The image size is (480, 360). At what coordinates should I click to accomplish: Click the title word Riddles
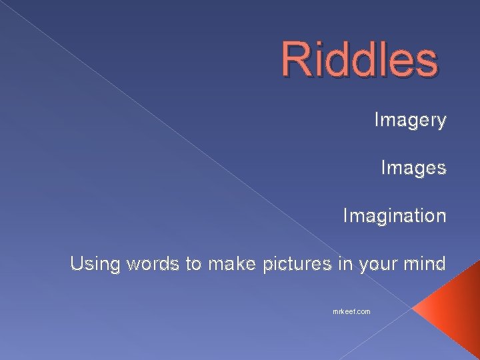[359, 59]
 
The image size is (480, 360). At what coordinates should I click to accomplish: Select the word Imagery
[410, 121]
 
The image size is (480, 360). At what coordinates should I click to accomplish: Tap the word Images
[413, 168]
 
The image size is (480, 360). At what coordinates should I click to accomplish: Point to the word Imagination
[394, 216]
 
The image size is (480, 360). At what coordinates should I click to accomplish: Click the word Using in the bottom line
[93, 265]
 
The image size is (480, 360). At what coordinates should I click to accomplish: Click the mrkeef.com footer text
[351, 311]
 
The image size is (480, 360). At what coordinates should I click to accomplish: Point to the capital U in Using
[76, 264]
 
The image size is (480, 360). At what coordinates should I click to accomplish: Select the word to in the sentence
[193, 264]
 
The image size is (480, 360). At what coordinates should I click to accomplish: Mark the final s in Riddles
[427, 60]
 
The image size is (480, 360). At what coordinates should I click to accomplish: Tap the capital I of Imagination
[345, 216]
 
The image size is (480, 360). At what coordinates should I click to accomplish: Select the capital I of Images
[383, 168]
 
